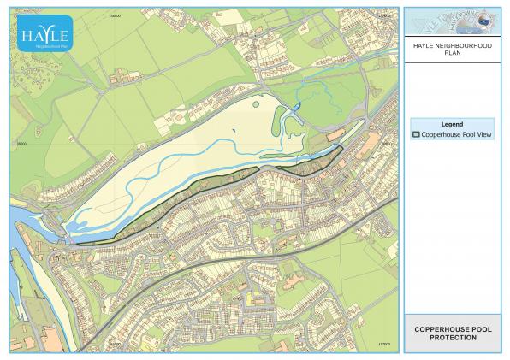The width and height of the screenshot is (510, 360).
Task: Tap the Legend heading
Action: click(451, 124)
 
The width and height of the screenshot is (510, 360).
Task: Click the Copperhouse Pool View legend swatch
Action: click(417, 134)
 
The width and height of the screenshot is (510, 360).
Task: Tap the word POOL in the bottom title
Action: click(479, 329)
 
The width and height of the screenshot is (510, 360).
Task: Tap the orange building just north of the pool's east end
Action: click(335, 135)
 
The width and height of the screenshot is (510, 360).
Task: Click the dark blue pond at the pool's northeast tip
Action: click(296, 107)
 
